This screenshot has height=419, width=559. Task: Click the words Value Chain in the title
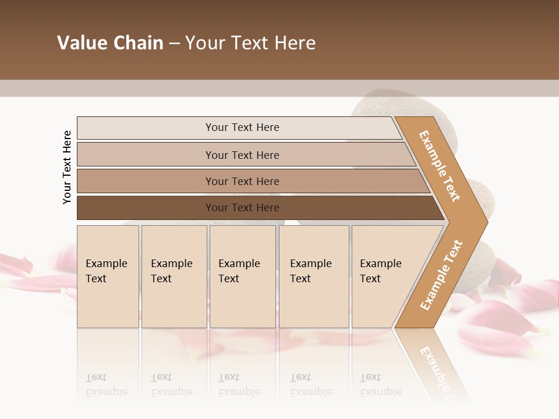pos(110,43)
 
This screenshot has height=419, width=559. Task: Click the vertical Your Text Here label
pos(67,167)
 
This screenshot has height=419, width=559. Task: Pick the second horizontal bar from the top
pos(242,155)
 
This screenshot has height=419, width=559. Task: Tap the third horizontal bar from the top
pos(242,181)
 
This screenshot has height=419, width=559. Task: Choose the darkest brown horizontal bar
pos(242,208)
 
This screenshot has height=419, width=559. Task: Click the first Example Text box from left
pos(108,276)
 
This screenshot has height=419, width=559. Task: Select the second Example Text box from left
pos(174,276)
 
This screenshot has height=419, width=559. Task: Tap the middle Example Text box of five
pos(242,276)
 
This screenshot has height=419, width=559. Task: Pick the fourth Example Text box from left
pos(313,276)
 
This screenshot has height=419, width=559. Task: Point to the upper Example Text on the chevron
pos(440,166)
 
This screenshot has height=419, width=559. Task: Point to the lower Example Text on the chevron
pos(441,275)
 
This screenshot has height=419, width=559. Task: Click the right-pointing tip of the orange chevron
pos(483,222)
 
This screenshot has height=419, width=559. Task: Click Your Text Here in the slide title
pos(250,43)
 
